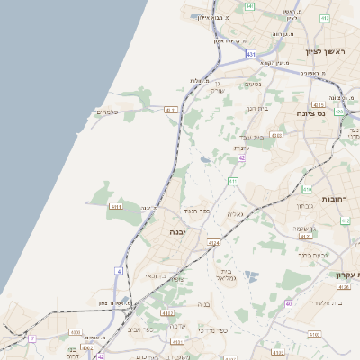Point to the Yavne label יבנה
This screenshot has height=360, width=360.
pyautogui.click(x=177, y=232)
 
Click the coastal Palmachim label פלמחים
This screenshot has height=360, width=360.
pyautogui.click(x=106, y=112)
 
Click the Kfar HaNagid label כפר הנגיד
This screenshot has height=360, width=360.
pyautogui.click(x=194, y=210)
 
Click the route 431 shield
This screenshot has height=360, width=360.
pyautogui.click(x=250, y=54)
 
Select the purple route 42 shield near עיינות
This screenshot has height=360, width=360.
pyautogui.click(x=241, y=158)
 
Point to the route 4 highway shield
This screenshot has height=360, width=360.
pyautogui.click(x=119, y=271)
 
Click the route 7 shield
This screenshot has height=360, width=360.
pyautogui.click(x=33, y=338)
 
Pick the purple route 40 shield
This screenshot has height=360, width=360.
pyautogui.click(x=289, y=303)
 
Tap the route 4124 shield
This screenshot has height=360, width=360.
pyautogui.click(x=213, y=243)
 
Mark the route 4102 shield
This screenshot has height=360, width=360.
pyautogui.click(x=167, y=313)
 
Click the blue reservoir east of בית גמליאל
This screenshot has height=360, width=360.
pyautogui.click(x=251, y=276)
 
